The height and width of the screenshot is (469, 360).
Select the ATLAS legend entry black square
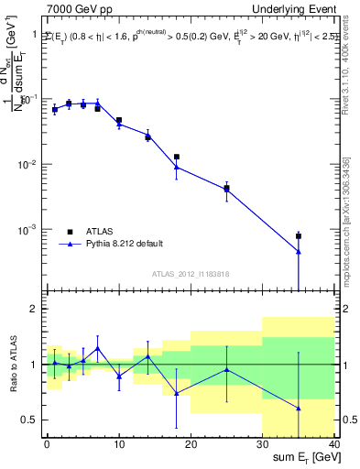70,231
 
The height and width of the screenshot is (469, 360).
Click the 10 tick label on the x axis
118,444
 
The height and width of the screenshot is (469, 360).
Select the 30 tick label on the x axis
262,444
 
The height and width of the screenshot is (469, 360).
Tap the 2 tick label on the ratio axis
35,309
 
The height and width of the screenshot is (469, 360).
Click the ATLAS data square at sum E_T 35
299,236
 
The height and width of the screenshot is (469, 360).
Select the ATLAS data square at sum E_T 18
176,157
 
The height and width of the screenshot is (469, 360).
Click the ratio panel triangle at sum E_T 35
299,408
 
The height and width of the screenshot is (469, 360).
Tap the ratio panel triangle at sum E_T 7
97,348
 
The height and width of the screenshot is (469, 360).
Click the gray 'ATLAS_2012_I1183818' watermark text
190,274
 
